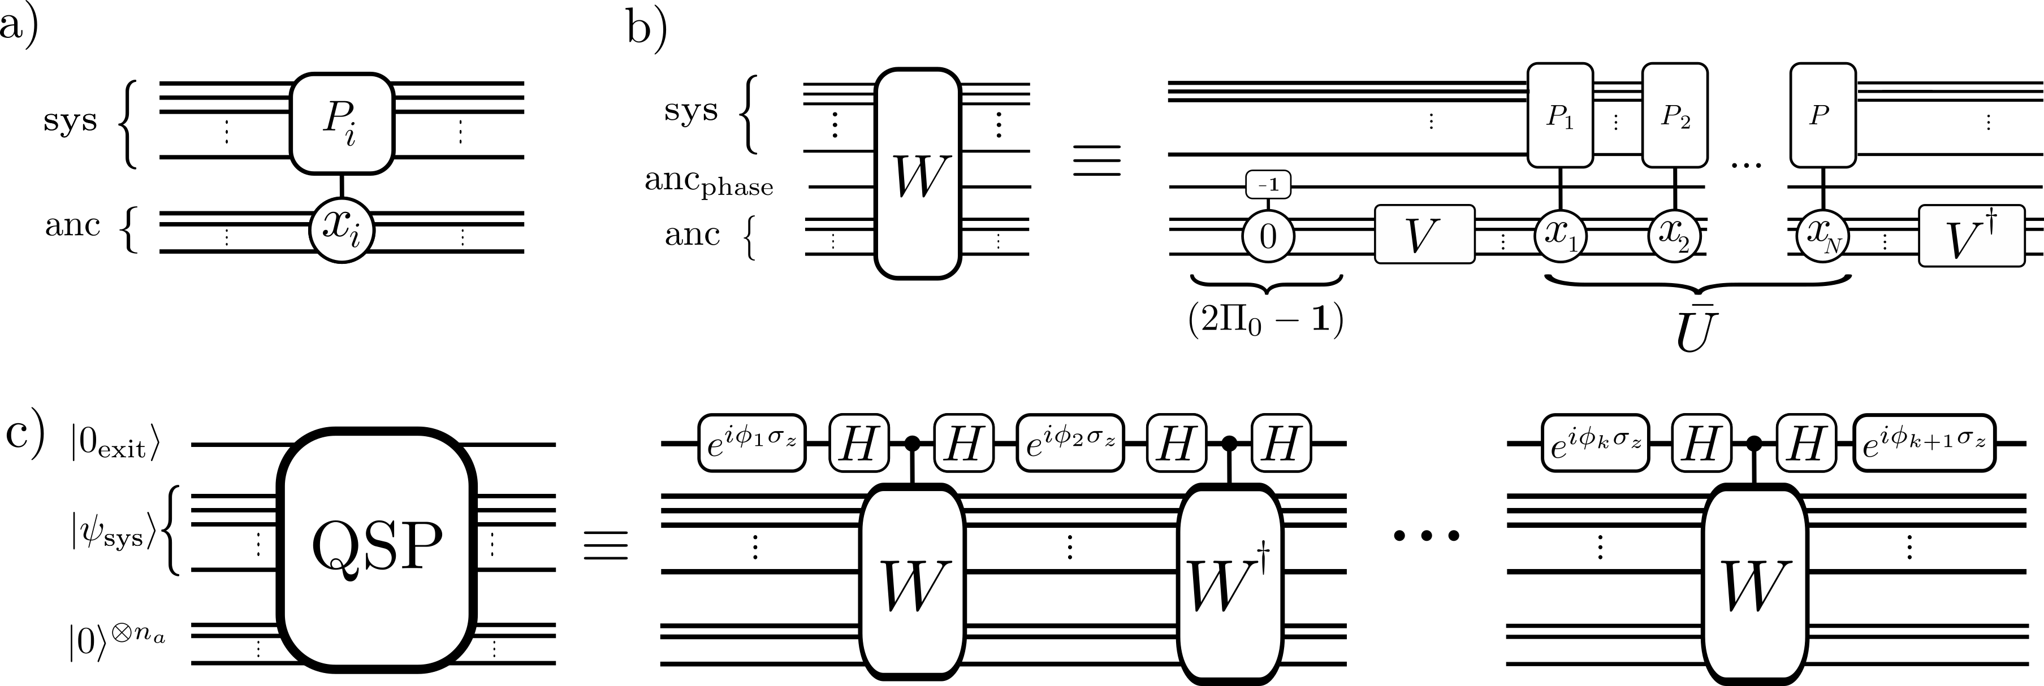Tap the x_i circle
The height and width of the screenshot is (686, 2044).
(341, 232)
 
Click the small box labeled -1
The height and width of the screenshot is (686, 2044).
(1268, 185)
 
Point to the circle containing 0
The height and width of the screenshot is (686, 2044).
(1268, 236)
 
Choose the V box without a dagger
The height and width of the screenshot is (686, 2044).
(1424, 234)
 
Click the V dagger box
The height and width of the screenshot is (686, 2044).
(1971, 236)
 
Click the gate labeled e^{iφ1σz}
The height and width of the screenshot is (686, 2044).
(751, 442)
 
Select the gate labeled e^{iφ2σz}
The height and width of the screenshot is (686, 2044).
(1070, 442)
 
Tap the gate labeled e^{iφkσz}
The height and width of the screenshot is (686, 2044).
(1595, 442)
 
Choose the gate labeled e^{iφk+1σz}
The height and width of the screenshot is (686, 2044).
(1924, 442)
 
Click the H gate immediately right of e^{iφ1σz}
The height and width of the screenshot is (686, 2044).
(858, 442)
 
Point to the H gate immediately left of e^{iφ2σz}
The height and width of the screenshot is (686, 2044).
(964, 442)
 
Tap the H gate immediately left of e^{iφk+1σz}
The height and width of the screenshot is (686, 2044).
(1806, 442)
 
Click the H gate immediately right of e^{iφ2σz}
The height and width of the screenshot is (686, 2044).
(1176, 442)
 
